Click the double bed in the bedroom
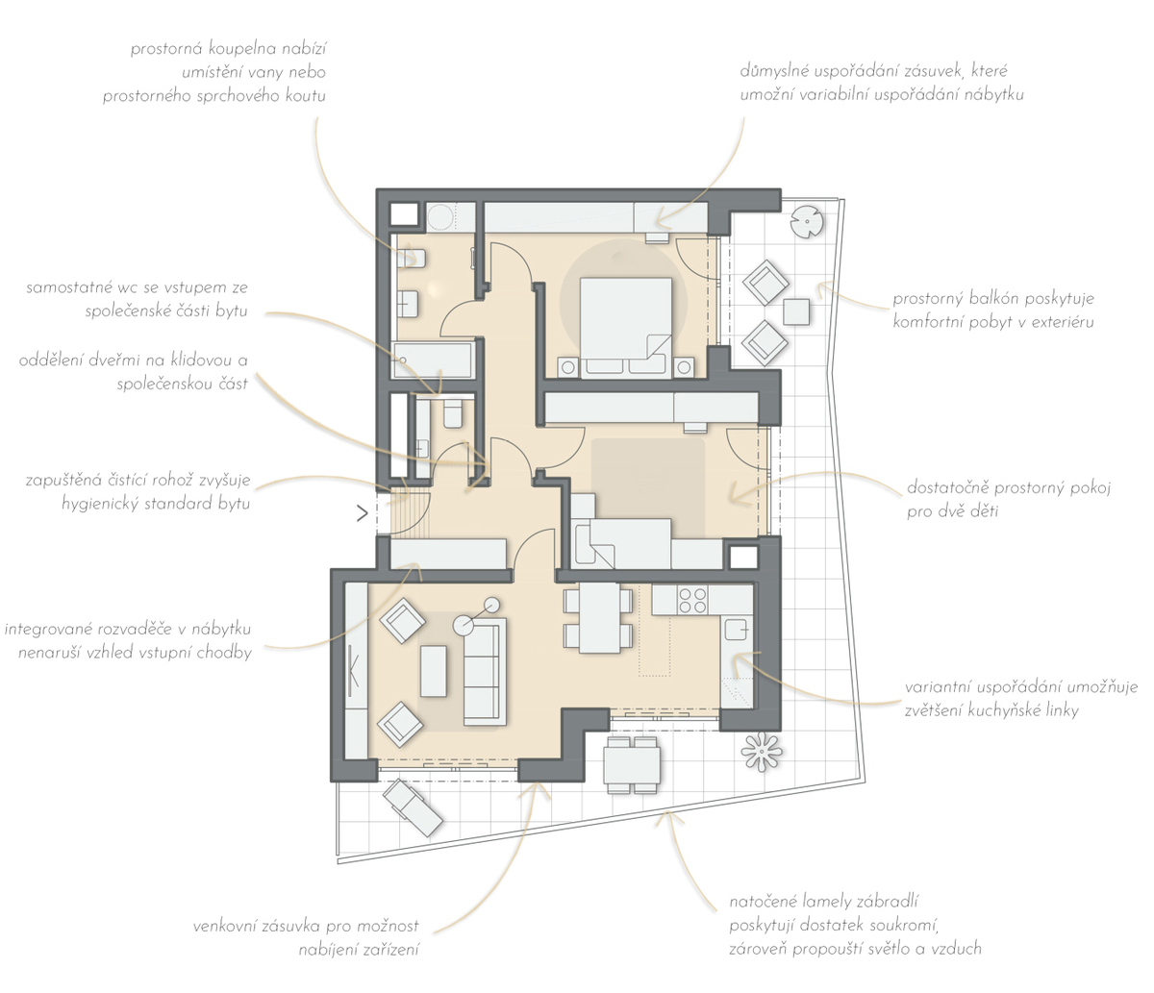click(x=626, y=328)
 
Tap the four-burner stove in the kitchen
click(x=692, y=601)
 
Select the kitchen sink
click(x=736, y=629)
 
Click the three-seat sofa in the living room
click(x=485, y=672)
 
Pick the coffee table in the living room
click(x=434, y=671)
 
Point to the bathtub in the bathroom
click(x=434, y=360)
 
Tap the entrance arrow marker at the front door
click(x=363, y=513)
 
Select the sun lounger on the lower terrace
click(x=413, y=807)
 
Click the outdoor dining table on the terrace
click(x=632, y=765)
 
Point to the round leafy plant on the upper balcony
click(x=807, y=222)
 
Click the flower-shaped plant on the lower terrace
click(x=762, y=752)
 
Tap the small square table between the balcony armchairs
click(x=796, y=311)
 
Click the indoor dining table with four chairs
click(x=599, y=618)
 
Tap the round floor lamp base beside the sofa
click(x=463, y=625)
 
